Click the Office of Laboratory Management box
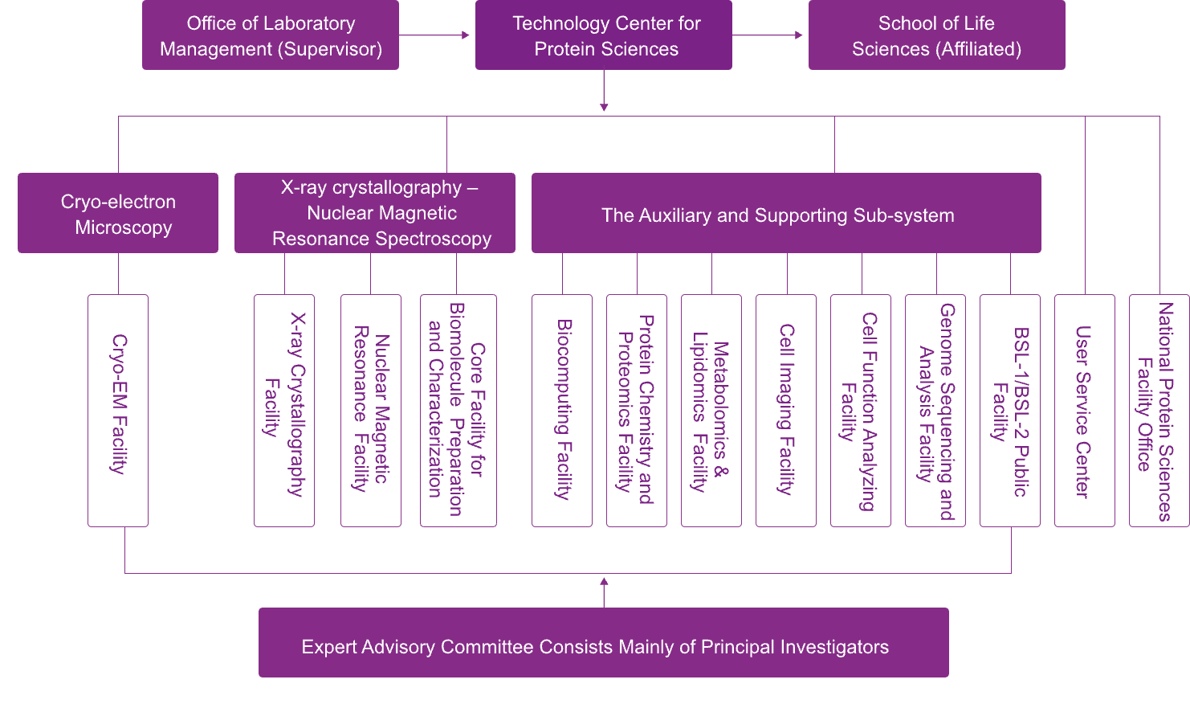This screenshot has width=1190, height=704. click(x=271, y=35)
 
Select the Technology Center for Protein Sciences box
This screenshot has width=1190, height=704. click(x=604, y=35)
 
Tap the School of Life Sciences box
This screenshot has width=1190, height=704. click(x=936, y=35)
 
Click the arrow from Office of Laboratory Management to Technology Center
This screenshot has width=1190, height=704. click(x=434, y=35)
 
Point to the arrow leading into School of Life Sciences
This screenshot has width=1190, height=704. click(x=767, y=35)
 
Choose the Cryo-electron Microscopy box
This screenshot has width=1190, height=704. click(x=118, y=213)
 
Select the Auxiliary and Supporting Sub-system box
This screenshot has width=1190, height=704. click(x=786, y=213)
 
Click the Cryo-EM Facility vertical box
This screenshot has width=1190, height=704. click(x=118, y=411)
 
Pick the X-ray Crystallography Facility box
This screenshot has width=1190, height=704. click(x=284, y=411)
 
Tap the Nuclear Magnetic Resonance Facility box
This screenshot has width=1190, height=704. click(x=371, y=411)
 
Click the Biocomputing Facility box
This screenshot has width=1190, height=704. click(x=562, y=411)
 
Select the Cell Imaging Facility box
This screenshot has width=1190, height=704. click(x=786, y=411)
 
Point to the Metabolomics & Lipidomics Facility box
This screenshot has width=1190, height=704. click(x=711, y=411)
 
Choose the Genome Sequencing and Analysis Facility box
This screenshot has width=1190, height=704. click(x=935, y=411)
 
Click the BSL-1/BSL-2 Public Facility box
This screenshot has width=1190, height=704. click(x=1010, y=411)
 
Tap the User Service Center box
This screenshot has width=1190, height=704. click(x=1085, y=411)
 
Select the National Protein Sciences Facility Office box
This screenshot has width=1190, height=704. click(x=1159, y=411)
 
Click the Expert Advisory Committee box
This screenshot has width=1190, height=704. click(x=604, y=642)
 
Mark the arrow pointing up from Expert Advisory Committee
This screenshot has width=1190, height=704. click(x=604, y=593)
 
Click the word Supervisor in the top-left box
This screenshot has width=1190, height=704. click(x=333, y=49)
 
